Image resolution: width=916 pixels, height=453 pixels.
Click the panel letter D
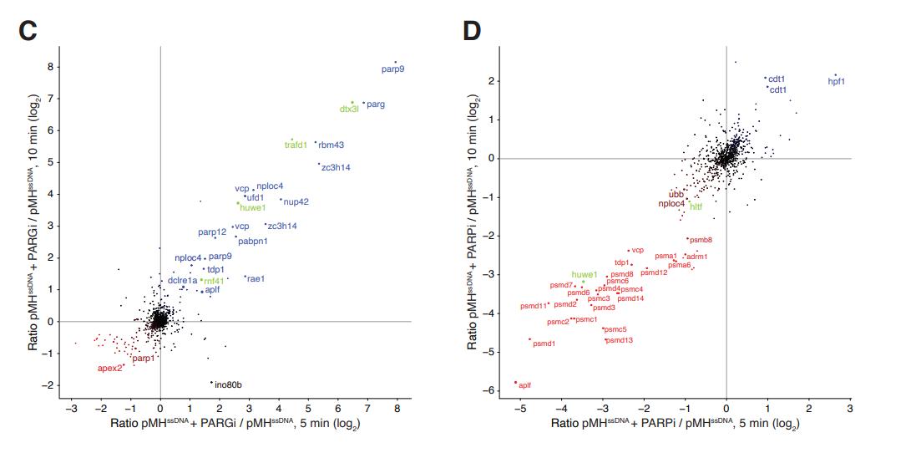click(473, 32)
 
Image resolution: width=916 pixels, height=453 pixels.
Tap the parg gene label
click(376, 104)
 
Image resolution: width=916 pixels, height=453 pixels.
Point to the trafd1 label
click(296, 145)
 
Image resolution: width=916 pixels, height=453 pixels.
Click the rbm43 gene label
click(331, 145)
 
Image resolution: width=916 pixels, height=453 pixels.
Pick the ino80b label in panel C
click(229, 385)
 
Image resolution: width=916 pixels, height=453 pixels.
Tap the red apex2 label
click(109, 368)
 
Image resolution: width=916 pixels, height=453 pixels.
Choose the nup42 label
click(296, 201)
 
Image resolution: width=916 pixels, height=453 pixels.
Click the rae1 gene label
click(256, 278)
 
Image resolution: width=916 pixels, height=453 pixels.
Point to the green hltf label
click(696, 205)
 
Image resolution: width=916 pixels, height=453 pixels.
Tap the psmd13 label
click(620, 340)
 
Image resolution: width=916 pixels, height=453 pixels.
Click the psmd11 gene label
click(534, 306)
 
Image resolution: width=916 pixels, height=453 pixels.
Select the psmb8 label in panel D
click(700, 240)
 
